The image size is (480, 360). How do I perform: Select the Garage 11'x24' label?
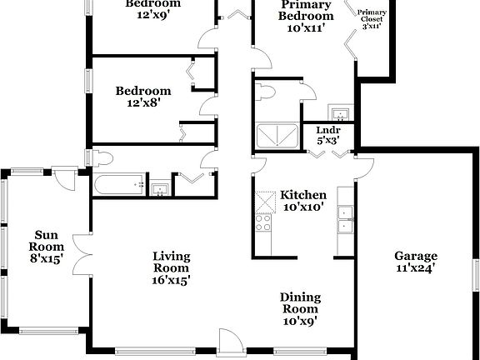pyautogui.click(x=416, y=262)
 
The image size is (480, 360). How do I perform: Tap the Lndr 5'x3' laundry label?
pyautogui.click(x=327, y=135)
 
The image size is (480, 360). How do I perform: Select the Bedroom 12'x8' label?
pyautogui.click(x=143, y=97)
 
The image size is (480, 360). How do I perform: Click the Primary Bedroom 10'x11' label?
pyautogui.click(x=300, y=16)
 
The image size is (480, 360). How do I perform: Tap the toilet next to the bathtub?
pyautogui.click(x=101, y=158)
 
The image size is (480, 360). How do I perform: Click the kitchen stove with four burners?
pyautogui.click(x=264, y=221)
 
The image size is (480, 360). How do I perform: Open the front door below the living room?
pyautogui.click(x=230, y=343)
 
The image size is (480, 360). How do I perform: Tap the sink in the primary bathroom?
pyautogui.click(x=338, y=113)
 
